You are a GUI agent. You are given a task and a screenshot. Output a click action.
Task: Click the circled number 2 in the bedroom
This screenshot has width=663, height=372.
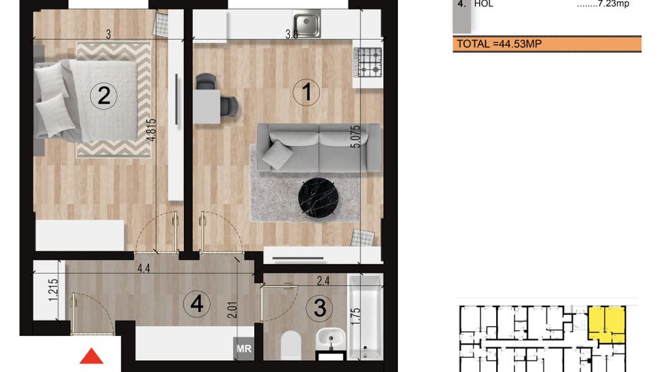pos(104,95)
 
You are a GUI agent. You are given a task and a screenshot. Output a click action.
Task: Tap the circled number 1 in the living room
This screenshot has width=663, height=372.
pos(307,92)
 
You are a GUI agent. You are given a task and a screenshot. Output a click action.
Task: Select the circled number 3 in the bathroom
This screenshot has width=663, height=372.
pos(320,308)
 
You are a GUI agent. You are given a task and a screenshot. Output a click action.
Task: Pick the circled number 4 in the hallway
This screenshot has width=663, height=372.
pos(196,304)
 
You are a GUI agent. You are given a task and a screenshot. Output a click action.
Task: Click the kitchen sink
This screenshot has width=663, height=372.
pos(307,24)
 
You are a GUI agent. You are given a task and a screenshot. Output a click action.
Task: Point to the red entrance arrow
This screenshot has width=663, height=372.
pos(92,356)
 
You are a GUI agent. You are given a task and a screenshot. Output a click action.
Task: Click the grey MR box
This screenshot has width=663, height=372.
pos(243,348)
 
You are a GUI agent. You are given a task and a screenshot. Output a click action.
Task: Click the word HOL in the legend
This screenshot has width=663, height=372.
pos(484,4)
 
